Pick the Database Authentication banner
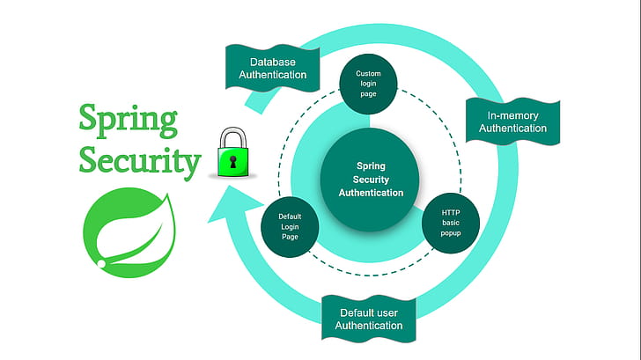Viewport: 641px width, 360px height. click(x=273, y=69)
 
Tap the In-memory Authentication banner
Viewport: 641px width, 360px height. click(x=512, y=121)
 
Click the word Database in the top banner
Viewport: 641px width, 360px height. click(x=273, y=62)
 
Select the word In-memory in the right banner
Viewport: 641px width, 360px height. click(x=512, y=115)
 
